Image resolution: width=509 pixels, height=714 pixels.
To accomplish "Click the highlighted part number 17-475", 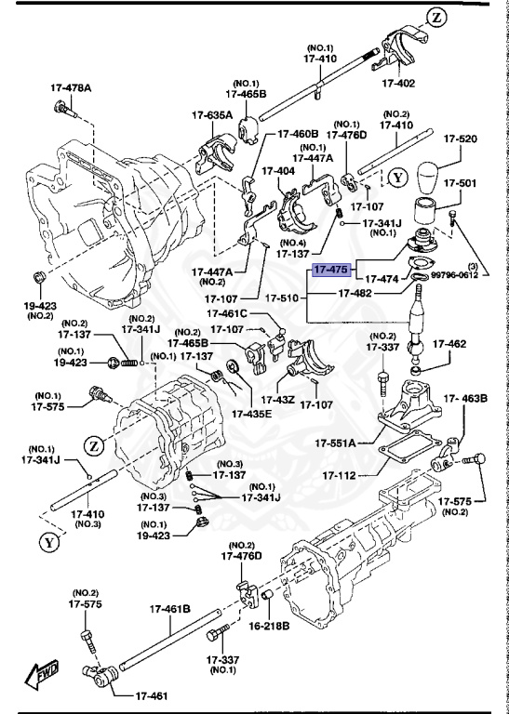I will [x=330, y=271].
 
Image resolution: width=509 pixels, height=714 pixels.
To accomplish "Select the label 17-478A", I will [x=72, y=89].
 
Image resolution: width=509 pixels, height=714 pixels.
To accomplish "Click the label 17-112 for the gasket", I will [x=341, y=476].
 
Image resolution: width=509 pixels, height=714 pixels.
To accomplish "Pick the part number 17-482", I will [x=356, y=293].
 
